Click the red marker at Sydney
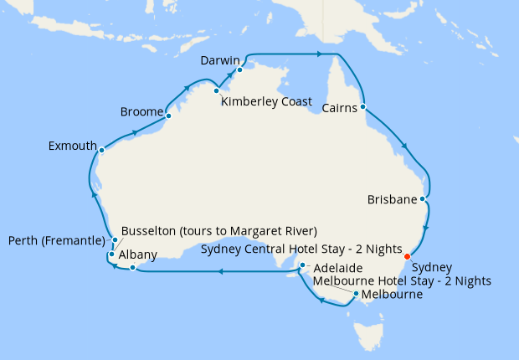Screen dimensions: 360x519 click(x=407, y=256)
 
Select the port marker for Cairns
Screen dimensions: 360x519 click(x=363, y=107)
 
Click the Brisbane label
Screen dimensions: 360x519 click(x=392, y=200)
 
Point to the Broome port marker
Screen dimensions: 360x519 click(x=168, y=116)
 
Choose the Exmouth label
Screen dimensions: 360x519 click(x=73, y=146)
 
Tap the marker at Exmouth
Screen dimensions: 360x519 click(x=101, y=151)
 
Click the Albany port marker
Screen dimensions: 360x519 click(x=131, y=268)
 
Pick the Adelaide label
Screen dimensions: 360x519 click(x=340, y=268)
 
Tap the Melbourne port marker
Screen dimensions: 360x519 click(x=357, y=294)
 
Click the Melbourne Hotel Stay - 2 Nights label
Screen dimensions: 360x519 click(x=402, y=281)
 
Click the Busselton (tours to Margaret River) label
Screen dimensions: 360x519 click(x=218, y=231)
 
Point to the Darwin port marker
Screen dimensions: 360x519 click(x=239, y=70)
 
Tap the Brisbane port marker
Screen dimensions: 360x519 click(x=424, y=200)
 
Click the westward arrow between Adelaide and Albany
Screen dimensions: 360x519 click(x=219, y=271)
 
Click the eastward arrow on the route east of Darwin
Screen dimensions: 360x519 click(x=319, y=54)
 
